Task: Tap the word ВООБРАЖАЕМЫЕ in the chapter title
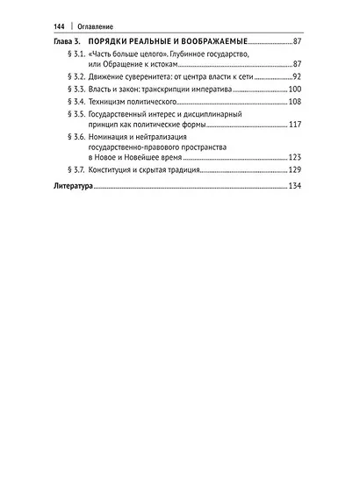pyautogui.click(x=212, y=41)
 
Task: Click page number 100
pyautogui.click(x=295, y=90)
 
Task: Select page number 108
pyautogui.click(x=295, y=102)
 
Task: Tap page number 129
pyautogui.click(x=295, y=169)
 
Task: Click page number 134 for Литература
pyautogui.click(x=295, y=188)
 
